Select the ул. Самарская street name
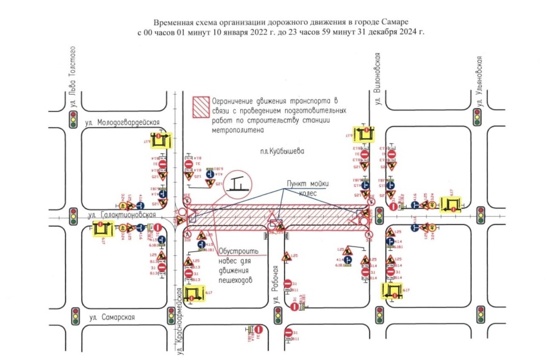tap(112, 317)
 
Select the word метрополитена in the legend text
tap(238, 130)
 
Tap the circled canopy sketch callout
tap(237, 183)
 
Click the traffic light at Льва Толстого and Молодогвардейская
tap(73, 118)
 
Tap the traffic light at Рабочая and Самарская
tap(277, 315)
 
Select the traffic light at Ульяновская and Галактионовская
tap(481, 215)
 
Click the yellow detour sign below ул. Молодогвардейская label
tap(159, 141)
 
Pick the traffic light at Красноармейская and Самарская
tap(171, 315)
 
